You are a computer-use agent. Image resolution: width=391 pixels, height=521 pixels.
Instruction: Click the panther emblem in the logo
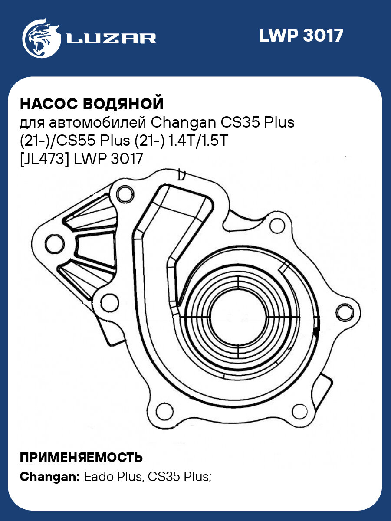pyautogui.click(x=40, y=37)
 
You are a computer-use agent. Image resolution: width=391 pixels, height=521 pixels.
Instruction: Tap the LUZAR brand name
pyautogui.click(x=111, y=39)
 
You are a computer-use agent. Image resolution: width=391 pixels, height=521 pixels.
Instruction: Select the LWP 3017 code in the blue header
pyautogui.click(x=301, y=36)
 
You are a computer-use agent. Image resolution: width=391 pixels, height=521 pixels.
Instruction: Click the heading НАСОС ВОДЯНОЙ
pyautogui.click(x=92, y=104)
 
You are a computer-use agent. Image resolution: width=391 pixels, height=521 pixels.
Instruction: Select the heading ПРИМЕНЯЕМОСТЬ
pyautogui.click(x=81, y=457)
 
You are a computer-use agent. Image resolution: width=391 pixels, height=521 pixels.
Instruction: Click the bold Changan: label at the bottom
pyautogui.click(x=49, y=477)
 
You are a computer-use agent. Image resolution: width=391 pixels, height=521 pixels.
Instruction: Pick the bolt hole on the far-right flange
pyautogui.click(x=344, y=311)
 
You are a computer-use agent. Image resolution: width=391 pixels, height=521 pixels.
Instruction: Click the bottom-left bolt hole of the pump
pyautogui.click(x=163, y=409)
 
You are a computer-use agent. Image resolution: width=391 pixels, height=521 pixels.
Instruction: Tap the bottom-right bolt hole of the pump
pyautogui.click(x=299, y=410)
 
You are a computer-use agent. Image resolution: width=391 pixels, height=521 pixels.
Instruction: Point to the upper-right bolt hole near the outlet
pyautogui.click(x=276, y=226)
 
